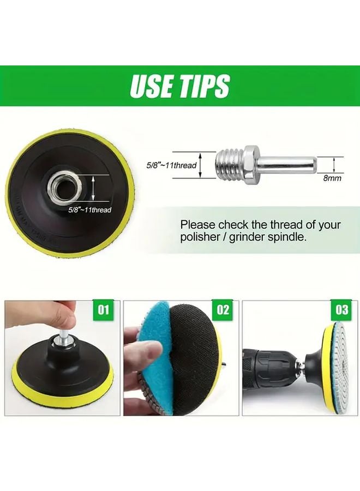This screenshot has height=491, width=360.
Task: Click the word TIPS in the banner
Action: point(205,86)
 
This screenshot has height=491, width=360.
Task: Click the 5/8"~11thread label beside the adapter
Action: point(171,165)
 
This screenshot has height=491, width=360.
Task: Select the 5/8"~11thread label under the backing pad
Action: point(90,209)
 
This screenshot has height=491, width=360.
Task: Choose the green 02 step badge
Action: point(223,310)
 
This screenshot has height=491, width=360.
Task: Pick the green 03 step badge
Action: point(342,310)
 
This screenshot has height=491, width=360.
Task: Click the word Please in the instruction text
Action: point(198,224)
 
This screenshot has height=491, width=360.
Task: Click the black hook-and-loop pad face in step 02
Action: point(191,360)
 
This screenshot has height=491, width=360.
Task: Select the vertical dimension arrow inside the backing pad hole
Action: point(95,188)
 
